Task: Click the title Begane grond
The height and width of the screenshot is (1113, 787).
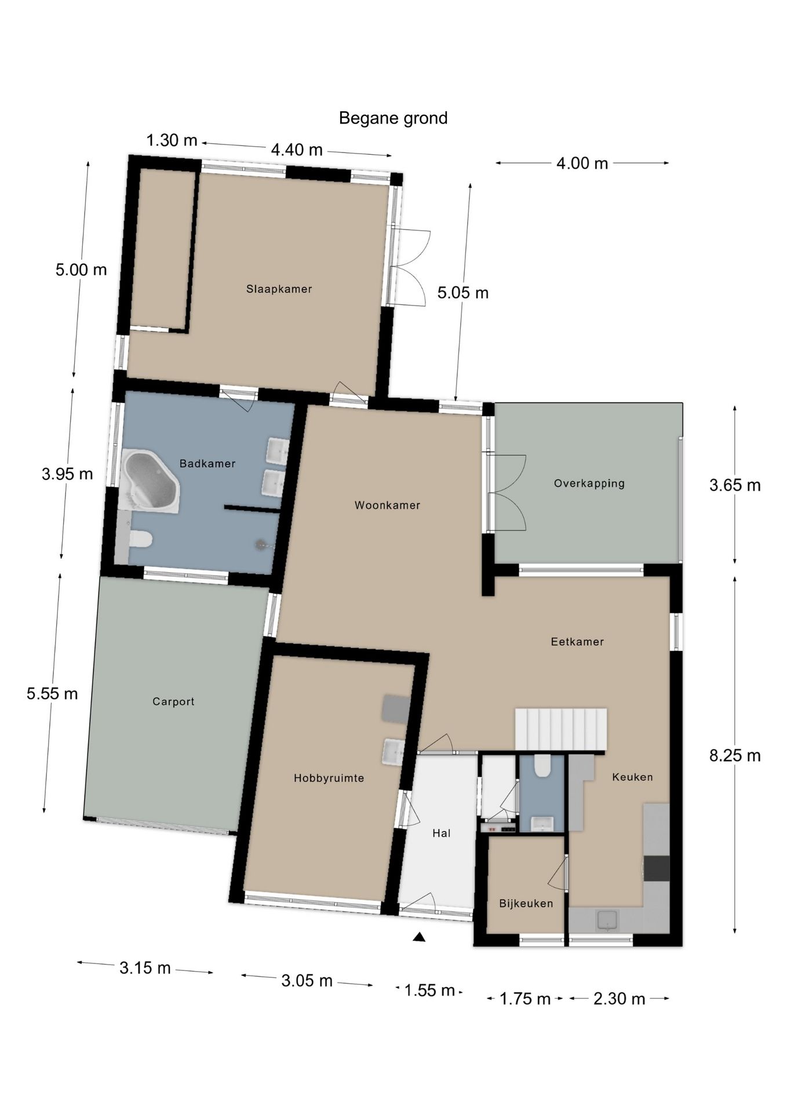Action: (393, 118)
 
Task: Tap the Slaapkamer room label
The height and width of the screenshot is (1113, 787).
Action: (279, 289)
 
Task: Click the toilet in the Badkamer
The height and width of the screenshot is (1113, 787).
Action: (139, 539)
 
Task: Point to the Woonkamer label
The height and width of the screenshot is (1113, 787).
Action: (387, 505)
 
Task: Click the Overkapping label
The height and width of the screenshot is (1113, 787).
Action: (589, 483)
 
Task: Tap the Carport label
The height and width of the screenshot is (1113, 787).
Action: (173, 701)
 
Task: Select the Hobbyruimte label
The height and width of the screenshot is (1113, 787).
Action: (329, 779)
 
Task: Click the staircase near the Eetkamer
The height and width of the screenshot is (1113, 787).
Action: (561, 730)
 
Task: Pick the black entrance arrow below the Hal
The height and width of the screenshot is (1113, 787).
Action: (419, 937)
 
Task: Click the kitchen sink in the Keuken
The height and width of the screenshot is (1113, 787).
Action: (607, 919)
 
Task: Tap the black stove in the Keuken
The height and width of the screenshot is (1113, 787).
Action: (657, 868)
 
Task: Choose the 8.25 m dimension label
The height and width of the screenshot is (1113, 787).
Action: (735, 755)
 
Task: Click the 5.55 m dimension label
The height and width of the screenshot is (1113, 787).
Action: (52, 693)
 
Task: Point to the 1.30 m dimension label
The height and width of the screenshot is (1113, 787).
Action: (172, 140)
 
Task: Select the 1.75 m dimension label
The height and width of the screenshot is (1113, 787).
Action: (525, 998)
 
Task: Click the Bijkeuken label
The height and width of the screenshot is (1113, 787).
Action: (526, 903)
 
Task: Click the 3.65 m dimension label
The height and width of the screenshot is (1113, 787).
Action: (735, 485)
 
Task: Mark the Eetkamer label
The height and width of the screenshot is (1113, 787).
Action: (577, 642)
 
